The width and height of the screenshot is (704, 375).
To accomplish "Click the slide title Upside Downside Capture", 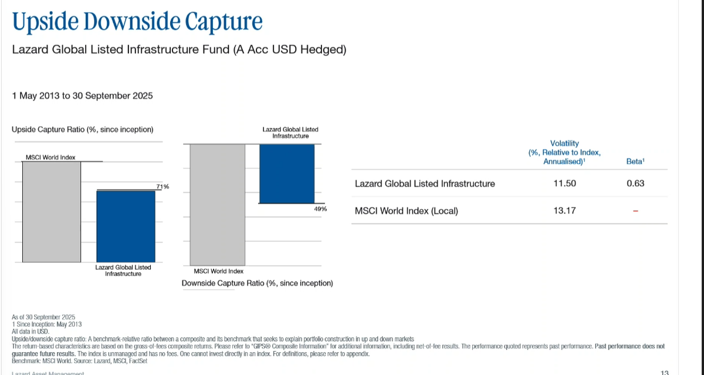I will tap(137, 22).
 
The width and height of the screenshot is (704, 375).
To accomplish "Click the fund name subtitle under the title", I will tap(179, 50).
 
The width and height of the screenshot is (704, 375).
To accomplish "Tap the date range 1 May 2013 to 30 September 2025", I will tap(82, 95).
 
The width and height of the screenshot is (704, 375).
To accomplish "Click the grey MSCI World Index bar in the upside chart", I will tap(52, 211).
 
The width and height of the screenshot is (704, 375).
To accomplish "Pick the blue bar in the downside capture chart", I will tap(287, 174).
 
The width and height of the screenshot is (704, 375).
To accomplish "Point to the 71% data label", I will tap(163, 187).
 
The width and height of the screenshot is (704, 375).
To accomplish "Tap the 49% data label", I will tap(320, 209).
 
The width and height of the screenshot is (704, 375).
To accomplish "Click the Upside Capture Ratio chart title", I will tap(83, 129).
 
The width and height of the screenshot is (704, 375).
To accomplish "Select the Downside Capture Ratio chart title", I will tap(257, 283).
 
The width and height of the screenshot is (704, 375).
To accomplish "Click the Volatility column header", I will tap(564, 152).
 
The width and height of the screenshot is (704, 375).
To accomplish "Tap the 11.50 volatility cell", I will tap(564, 184).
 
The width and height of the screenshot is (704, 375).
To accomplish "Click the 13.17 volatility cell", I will tap(564, 210).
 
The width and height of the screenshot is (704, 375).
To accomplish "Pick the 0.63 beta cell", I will tap(635, 184).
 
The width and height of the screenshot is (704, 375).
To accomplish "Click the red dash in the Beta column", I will tap(635, 211).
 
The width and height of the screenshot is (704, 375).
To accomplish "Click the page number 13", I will tap(665, 372).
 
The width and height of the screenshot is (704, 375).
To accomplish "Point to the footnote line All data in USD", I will tap(31, 332).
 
